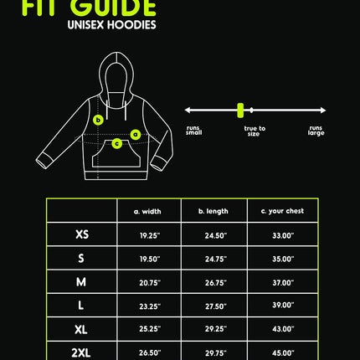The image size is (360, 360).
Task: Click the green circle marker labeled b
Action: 98,120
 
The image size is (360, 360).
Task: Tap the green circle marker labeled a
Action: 136,135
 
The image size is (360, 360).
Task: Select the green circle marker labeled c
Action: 117,144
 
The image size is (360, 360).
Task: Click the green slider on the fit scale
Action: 240,111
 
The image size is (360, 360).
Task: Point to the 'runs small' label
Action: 194,131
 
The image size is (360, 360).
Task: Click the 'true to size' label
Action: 255,131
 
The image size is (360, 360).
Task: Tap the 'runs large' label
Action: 316,131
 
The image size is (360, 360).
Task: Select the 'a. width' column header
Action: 147,211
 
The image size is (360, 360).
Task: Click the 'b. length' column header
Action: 213,211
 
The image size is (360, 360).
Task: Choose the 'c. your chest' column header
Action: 282,211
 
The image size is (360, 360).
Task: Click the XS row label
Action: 82,234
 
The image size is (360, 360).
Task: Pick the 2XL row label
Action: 81,353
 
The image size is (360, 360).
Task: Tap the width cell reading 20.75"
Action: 150,283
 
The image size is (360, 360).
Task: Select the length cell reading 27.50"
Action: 216,306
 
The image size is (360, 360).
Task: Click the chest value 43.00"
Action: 283,329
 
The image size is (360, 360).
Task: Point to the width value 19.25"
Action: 150,235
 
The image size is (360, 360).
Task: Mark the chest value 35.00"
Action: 283,259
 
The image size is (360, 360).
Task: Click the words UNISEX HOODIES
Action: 111,25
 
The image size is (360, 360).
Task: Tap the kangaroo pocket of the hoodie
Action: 116,154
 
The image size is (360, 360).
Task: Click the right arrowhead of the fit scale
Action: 323,111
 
